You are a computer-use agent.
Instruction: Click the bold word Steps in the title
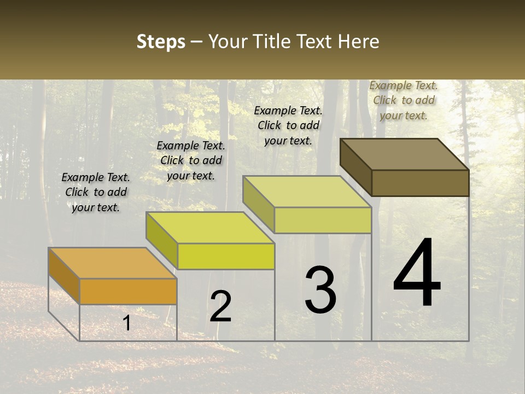click(161, 42)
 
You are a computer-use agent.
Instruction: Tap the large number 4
click(417, 273)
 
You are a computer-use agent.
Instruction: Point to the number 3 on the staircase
click(320, 290)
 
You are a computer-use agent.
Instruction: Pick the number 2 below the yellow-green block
click(221, 306)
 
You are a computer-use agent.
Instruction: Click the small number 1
click(127, 323)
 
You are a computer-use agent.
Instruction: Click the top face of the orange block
click(112, 263)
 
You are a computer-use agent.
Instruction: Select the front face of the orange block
click(128, 291)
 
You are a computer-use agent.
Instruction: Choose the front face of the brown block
click(420, 183)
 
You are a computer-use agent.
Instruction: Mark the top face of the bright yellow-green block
click(210, 228)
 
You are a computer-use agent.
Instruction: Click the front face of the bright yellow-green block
click(226, 256)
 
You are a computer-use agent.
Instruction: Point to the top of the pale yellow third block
click(307, 192)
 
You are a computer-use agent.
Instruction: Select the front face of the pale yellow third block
click(323, 220)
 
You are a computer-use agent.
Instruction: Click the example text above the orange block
click(96, 192)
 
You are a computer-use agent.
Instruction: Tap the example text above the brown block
click(404, 100)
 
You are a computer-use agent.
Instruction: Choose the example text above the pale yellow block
click(288, 125)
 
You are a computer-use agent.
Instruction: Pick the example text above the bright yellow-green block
click(191, 160)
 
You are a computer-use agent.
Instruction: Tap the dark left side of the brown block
click(355, 166)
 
